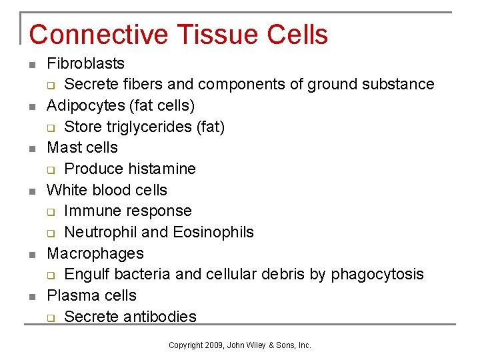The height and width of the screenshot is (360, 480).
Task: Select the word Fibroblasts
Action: pos(85,63)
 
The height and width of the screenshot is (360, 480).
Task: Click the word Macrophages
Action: pos(95,253)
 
